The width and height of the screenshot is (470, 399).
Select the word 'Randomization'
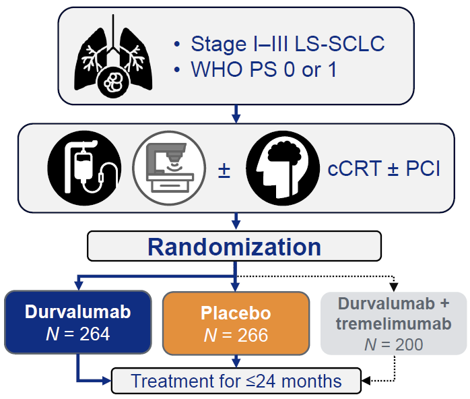coord(234,247)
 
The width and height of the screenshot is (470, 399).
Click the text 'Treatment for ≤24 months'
coord(236,381)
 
